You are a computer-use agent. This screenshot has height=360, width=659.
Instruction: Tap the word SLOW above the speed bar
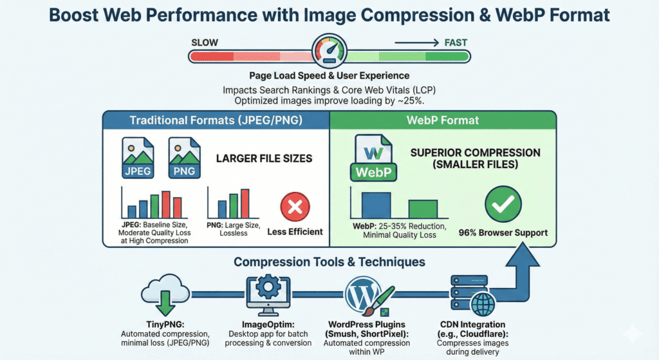(x=205, y=43)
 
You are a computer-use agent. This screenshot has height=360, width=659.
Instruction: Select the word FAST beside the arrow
(x=455, y=43)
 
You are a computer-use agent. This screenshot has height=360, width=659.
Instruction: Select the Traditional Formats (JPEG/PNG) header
(x=216, y=120)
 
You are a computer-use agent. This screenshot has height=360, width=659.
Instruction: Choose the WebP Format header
(x=442, y=120)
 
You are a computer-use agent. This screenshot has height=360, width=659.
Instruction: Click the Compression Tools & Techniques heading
(x=329, y=262)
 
